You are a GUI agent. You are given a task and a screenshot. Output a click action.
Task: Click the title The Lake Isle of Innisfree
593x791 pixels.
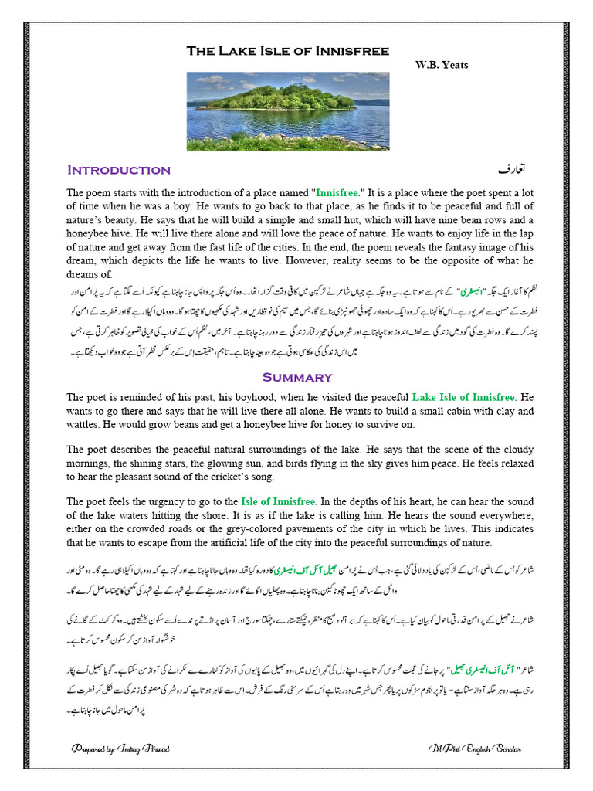287,51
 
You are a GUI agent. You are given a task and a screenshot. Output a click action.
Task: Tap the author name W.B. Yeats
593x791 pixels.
442,65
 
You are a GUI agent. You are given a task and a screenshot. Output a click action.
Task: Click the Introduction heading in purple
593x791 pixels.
119,170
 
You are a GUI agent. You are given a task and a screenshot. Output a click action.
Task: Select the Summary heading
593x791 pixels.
297,377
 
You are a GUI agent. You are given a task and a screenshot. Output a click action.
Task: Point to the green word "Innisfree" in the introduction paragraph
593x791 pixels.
336,192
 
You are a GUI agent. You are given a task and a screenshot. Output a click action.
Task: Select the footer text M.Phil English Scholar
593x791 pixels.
475,749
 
